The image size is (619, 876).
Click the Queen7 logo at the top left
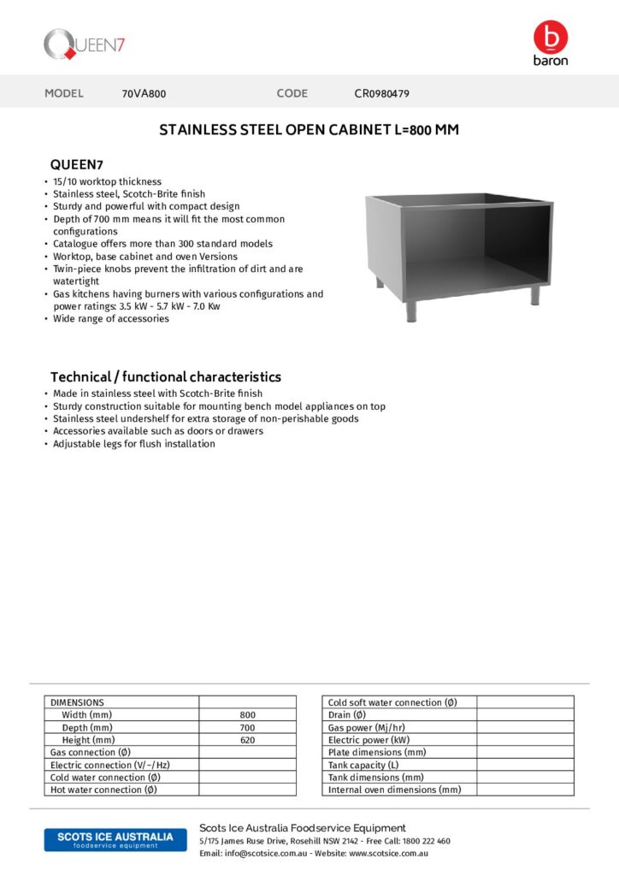click(85, 44)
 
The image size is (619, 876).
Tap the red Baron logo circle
click(550, 37)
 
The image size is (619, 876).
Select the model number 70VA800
click(144, 93)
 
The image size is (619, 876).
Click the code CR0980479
click(381, 93)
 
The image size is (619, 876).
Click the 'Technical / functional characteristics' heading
click(165, 376)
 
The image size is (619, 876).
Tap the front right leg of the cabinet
click(535, 294)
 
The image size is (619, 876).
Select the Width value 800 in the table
click(248, 714)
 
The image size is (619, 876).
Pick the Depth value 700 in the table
click(248, 727)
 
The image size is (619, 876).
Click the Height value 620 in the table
click(248, 739)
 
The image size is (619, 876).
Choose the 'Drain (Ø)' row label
click(347, 714)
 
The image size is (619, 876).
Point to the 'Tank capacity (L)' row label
click(363, 765)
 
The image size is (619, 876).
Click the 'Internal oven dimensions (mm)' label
click(394, 790)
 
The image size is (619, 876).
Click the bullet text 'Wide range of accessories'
click(111, 318)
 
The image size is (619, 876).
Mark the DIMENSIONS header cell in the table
click(78, 702)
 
